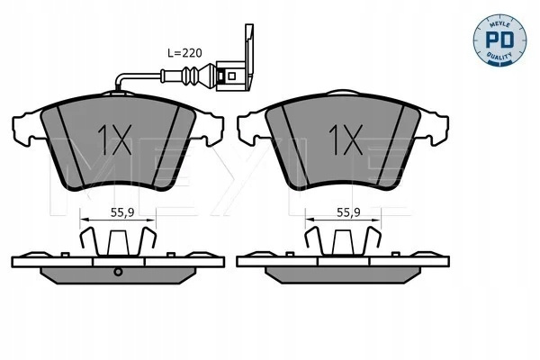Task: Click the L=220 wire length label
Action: (x=184, y=53)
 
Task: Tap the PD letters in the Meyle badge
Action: (x=499, y=40)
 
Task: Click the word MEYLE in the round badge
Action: (x=499, y=23)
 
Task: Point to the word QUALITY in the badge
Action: (x=499, y=56)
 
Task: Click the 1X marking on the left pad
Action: (x=115, y=139)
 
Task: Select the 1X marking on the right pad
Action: (x=346, y=139)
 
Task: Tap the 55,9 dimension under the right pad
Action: (x=348, y=213)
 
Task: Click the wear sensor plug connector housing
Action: (x=230, y=76)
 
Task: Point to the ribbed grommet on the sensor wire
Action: (x=191, y=76)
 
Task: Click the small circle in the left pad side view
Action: (x=118, y=272)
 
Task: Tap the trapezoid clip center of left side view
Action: (x=118, y=243)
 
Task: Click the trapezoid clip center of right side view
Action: (x=343, y=243)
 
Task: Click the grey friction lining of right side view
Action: (x=343, y=275)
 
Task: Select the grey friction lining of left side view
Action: (x=118, y=275)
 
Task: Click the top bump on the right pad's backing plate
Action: (x=343, y=93)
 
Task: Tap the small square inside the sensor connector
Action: (x=232, y=76)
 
